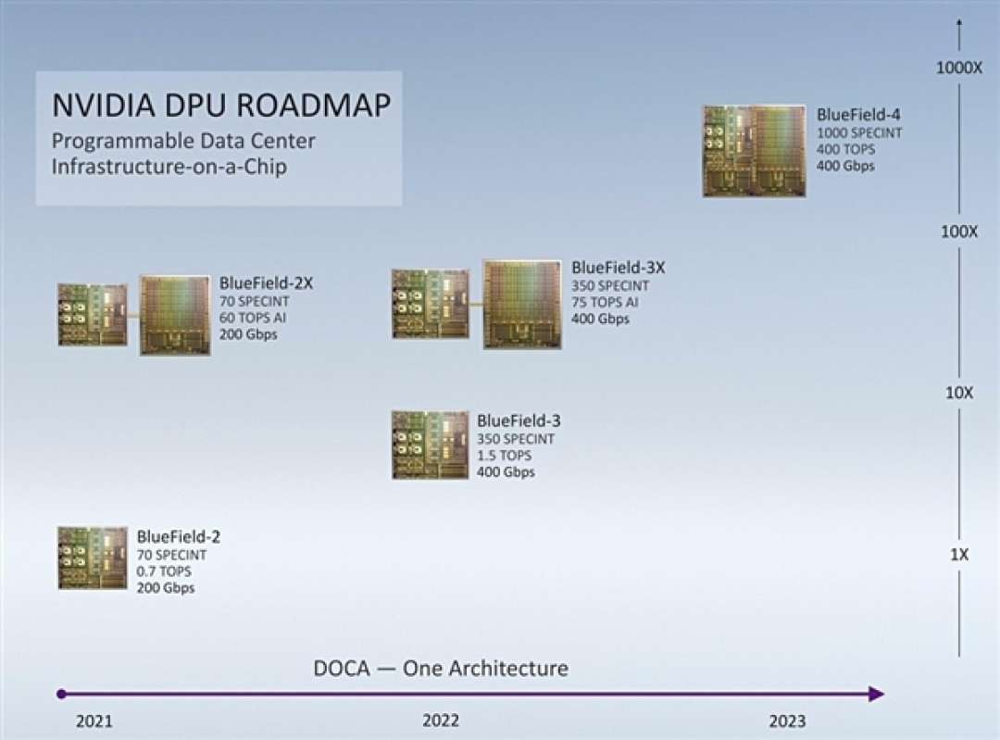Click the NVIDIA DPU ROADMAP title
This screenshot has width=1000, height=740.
point(220,105)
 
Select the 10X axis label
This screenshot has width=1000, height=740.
point(959,393)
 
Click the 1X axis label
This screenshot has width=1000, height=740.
point(959,555)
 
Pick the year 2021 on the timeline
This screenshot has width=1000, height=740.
point(94,721)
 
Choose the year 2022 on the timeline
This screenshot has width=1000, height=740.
point(440,721)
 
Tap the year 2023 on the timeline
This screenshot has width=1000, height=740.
point(786,721)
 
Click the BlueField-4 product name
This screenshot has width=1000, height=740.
point(858,116)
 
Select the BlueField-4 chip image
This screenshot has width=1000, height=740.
point(754,151)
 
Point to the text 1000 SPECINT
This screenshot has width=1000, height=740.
point(859,133)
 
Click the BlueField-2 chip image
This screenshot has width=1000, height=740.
point(92,558)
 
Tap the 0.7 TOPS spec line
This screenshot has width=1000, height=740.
point(164,571)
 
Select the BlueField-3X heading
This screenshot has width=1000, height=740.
point(618,268)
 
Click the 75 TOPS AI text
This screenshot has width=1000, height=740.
point(605,302)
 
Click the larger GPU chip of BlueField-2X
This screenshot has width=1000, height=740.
point(176,315)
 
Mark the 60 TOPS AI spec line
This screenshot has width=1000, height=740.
point(254,318)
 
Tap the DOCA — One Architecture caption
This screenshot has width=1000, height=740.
point(440,668)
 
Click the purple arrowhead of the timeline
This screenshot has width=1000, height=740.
point(876,694)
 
